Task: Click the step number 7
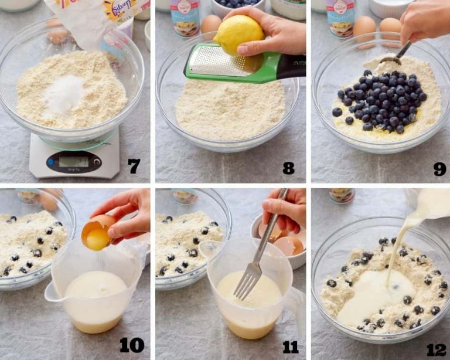pyautogui.click(x=134, y=167)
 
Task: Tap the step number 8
pyautogui.click(x=288, y=168)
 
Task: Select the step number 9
pyautogui.click(x=439, y=168)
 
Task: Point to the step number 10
pyautogui.click(x=132, y=345)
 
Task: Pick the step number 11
pyautogui.click(x=290, y=347)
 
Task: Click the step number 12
pyautogui.click(x=437, y=349)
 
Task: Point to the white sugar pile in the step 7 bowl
pyautogui.click(x=64, y=94)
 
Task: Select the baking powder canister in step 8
pyautogui.click(x=185, y=18)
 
